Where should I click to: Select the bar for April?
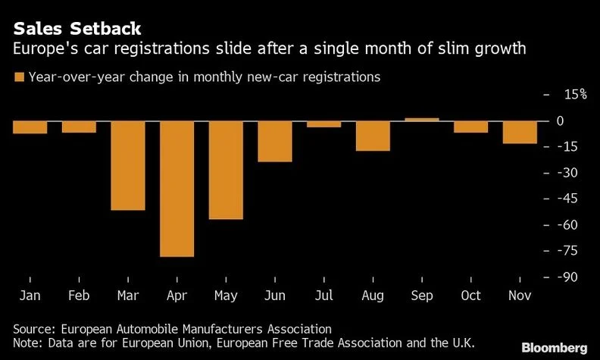tap(177, 189)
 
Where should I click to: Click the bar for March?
tap(127, 165)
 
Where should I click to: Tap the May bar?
tap(226, 170)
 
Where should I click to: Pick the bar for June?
tap(275, 141)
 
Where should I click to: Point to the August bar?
tap(373, 136)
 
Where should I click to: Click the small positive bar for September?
tap(422, 119)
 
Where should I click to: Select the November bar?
tap(520, 132)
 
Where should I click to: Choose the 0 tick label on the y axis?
tap(580, 121)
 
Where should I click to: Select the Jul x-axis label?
tap(323, 296)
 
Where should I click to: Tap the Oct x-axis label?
tap(470, 296)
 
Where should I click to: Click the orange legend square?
tap(18, 77)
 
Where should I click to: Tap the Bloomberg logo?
tap(555, 347)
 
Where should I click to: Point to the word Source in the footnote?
tap(34, 330)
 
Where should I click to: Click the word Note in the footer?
tap(27, 344)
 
